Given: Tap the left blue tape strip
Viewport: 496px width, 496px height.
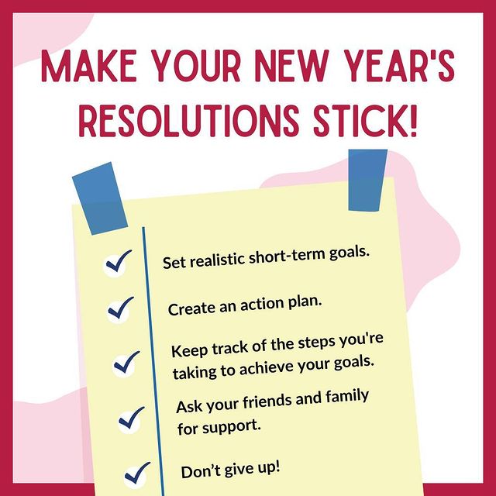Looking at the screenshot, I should tap(98, 195).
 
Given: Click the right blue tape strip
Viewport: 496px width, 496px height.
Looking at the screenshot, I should tap(367, 180).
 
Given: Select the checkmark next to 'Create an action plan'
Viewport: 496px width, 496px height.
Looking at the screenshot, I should tap(121, 308).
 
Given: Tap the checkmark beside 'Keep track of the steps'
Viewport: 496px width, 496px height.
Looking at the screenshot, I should tap(126, 361).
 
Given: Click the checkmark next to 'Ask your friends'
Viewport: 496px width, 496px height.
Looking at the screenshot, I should tap(131, 418).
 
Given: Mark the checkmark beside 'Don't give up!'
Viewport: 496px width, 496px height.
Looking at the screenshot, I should tap(136, 470).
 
